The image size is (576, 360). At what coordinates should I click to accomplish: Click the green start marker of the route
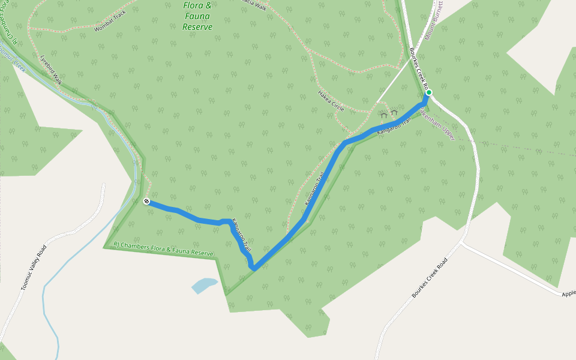pos(429,92)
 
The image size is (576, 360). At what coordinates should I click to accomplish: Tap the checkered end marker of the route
pos(146,201)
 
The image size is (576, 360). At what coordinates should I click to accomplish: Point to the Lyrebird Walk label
pos(51,70)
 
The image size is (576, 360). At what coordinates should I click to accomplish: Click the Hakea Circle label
pos(331,100)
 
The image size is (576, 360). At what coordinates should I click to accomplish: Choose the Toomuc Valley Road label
pos(34,268)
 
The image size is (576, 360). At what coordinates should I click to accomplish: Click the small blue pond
pos(204,285)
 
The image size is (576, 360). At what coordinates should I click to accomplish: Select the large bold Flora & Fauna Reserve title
pos(198,16)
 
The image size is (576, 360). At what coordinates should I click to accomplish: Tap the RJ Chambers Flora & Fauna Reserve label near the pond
pos(164,249)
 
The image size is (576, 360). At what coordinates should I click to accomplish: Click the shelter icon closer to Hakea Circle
pos(383,115)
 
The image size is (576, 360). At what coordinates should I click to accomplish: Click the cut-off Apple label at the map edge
pos(568,294)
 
